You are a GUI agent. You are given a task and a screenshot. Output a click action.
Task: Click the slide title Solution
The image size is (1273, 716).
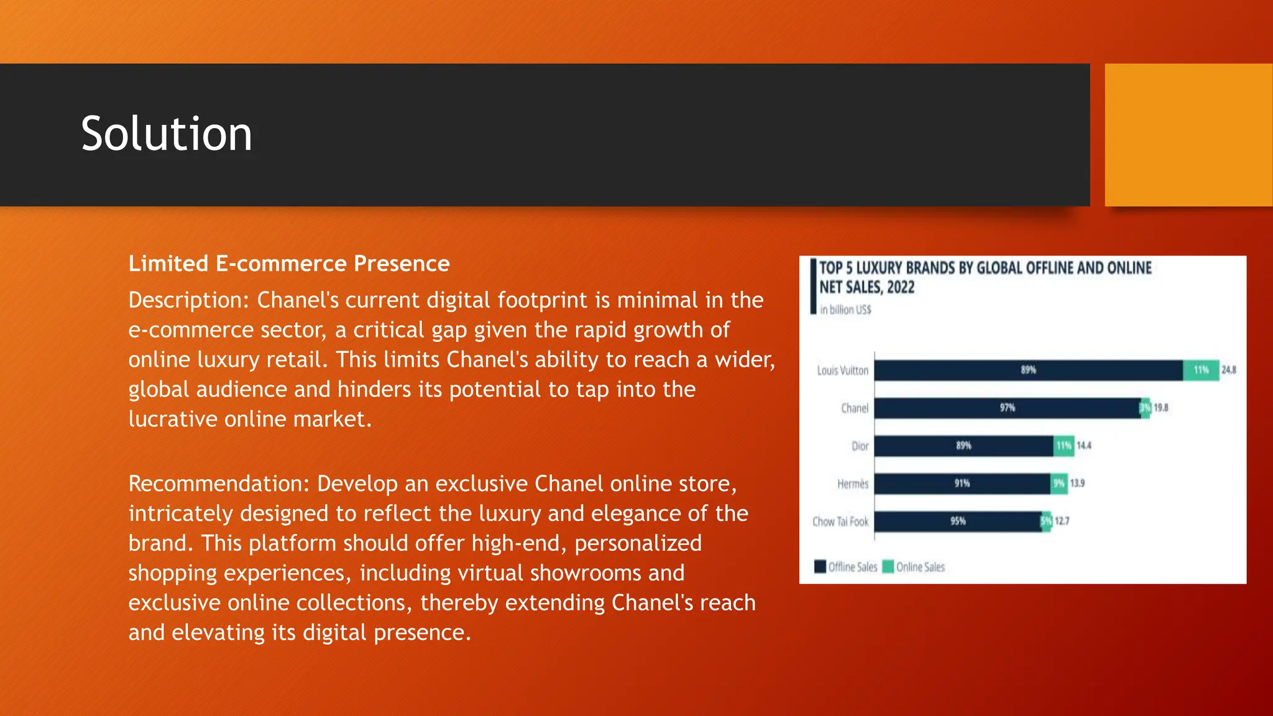pos(167,134)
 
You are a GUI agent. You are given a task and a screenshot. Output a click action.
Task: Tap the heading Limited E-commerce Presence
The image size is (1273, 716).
pos(288,264)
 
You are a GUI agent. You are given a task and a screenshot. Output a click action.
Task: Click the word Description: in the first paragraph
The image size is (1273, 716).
pos(188,300)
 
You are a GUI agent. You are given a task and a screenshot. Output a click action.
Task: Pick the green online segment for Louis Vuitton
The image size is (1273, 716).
pos(1201,370)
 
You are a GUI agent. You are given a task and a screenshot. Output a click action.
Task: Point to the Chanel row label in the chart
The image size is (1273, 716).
pos(855,408)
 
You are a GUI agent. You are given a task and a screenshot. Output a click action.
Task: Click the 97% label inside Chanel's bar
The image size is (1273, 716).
pos(1008,408)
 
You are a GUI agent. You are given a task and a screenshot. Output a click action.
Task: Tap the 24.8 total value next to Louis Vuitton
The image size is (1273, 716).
pos(1229,370)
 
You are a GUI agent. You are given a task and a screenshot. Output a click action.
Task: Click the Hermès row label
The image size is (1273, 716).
pos(853,484)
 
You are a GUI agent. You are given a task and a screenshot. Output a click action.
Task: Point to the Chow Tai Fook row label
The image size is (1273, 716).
pos(840,522)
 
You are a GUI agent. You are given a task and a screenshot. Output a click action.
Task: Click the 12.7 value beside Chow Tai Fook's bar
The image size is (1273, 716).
pos(1062,521)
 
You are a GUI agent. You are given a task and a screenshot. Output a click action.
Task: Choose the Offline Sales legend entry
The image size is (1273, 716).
pos(846,567)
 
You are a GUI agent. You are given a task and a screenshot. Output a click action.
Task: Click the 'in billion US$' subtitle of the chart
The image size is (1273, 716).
pos(845,310)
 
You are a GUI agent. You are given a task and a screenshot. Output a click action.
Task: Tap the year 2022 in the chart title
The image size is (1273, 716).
pos(901,288)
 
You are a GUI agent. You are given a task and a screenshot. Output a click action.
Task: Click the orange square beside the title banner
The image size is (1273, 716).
pos(1188,135)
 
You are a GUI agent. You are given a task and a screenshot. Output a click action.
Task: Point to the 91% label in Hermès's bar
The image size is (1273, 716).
pos(962,484)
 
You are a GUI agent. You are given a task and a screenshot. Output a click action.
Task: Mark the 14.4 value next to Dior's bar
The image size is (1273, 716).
pos(1084,446)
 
